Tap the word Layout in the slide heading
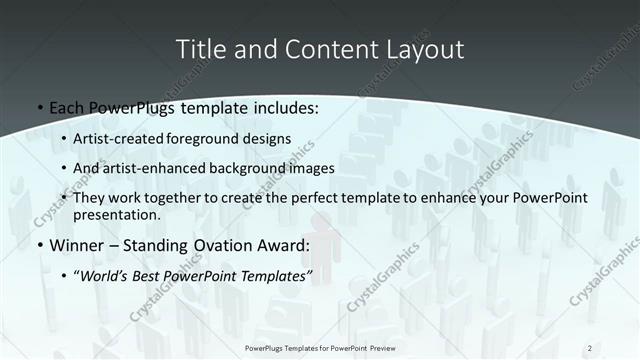coord(423,49)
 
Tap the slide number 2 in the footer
coord(590,347)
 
